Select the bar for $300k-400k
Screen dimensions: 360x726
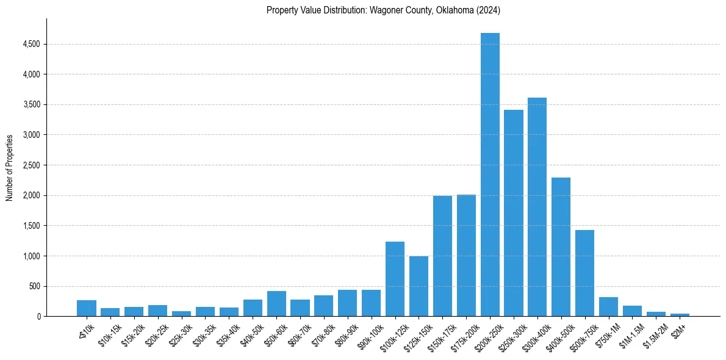point(537,207)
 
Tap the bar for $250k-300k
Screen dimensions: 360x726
point(514,213)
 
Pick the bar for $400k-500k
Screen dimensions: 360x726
point(561,247)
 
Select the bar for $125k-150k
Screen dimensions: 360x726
point(419,286)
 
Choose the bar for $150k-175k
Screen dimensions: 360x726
point(442,256)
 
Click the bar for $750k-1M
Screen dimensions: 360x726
point(608,306)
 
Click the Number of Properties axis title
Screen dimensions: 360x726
point(10,168)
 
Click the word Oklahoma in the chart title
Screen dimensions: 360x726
point(453,10)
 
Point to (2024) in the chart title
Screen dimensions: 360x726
point(488,10)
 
